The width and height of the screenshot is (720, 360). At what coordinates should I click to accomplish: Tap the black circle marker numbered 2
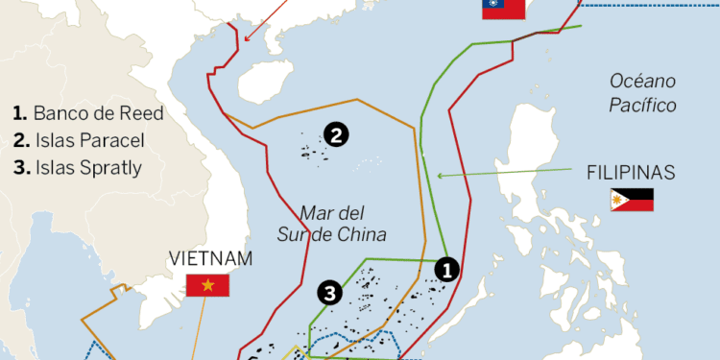(x=335, y=135)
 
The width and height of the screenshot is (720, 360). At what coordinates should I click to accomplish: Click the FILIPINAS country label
(x=631, y=174)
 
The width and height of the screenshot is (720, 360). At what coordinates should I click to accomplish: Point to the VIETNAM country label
(x=210, y=258)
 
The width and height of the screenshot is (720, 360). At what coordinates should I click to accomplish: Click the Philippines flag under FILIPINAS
(x=632, y=200)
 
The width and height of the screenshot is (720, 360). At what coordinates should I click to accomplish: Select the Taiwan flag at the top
(x=503, y=9)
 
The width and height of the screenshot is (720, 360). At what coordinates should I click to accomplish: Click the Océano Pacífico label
(x=642, y=93)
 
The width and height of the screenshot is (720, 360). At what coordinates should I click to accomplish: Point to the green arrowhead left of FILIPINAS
(x=439, y=175)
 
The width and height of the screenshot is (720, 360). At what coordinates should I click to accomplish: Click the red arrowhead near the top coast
(x=247, y=38)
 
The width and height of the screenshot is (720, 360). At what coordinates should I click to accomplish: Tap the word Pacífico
(x=642, y=105)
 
